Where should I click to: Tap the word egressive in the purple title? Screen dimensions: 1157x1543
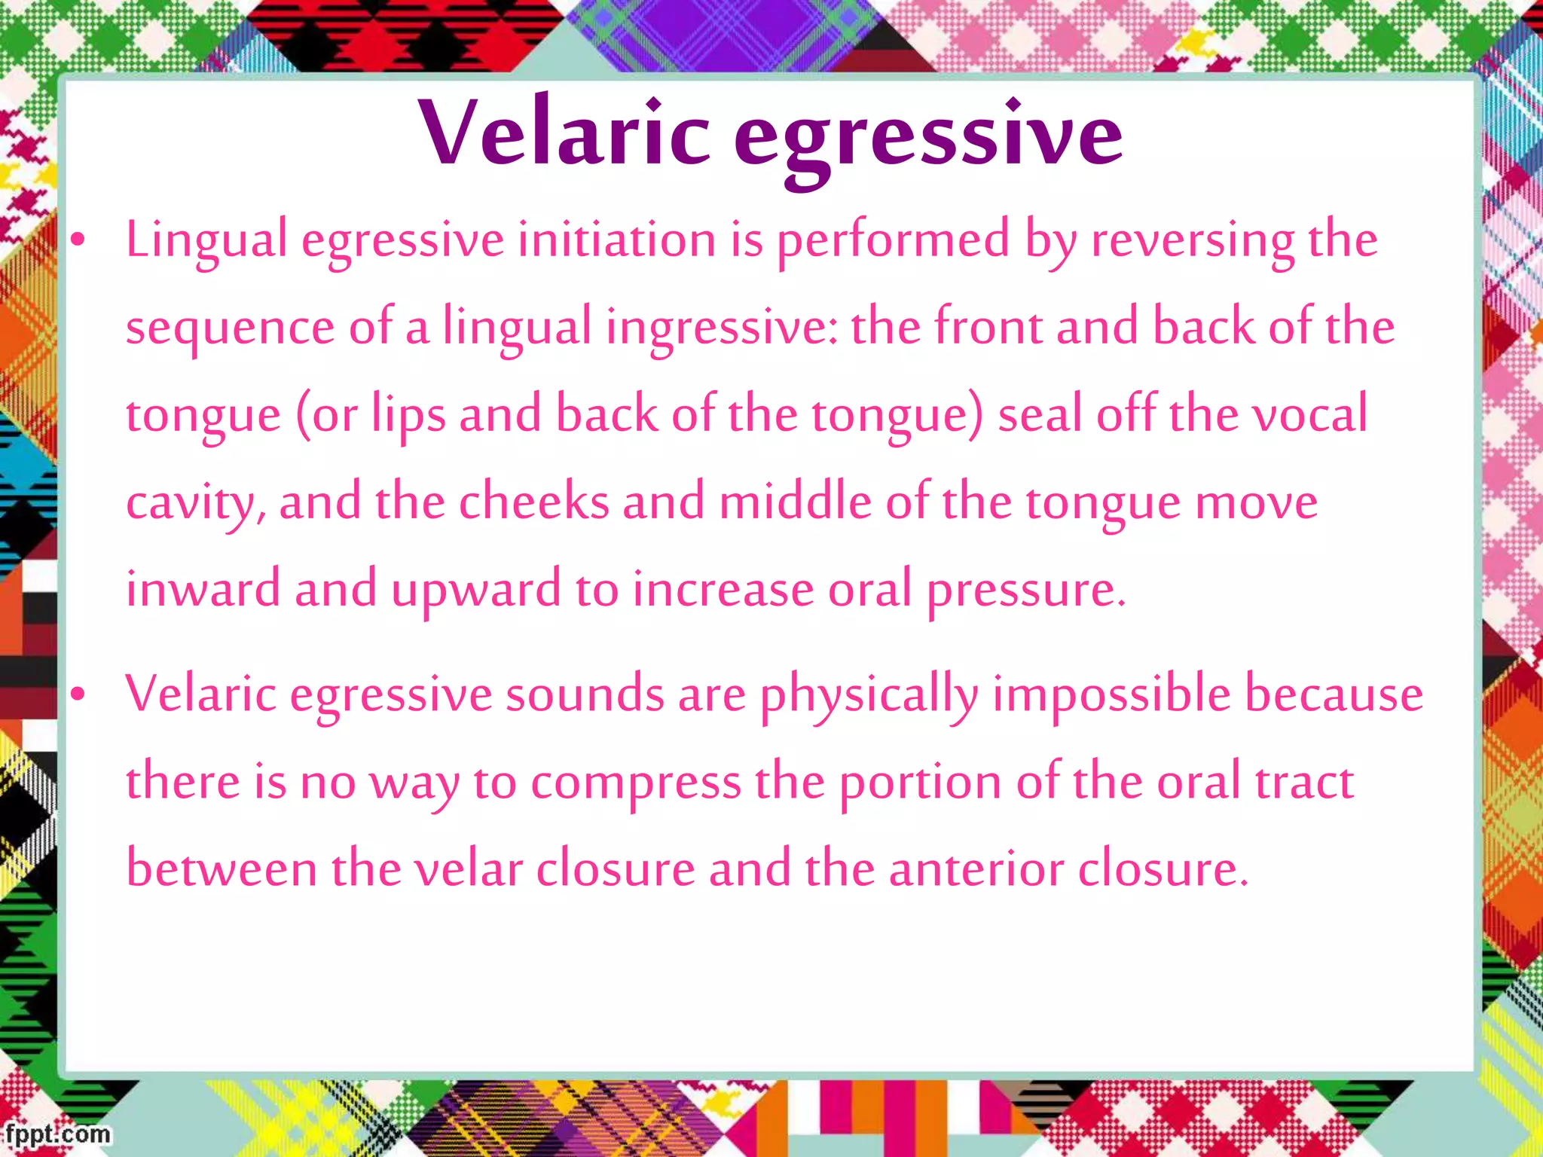(x=928, y=137)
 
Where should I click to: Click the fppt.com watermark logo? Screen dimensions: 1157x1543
(x=56, y=1134)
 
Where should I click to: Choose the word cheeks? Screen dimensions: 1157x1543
(x=533, y=502)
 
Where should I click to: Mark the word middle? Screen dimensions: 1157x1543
(x=795, y=502)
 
